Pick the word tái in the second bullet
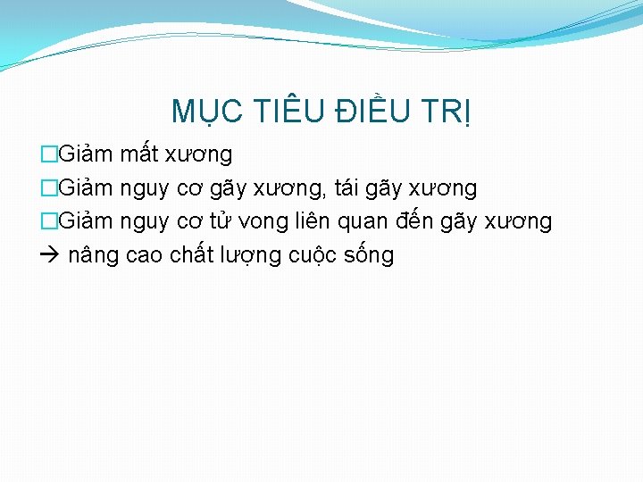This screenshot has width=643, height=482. (x=349, y=188)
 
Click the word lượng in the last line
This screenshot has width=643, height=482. (x=251, y=256)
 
